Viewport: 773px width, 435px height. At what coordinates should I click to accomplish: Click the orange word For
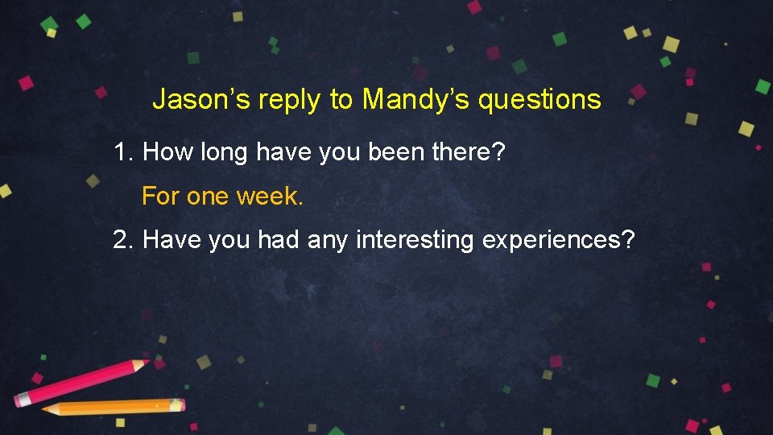tap(160, 196)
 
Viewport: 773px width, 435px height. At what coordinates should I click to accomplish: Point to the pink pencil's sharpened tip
tap(146, 362)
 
